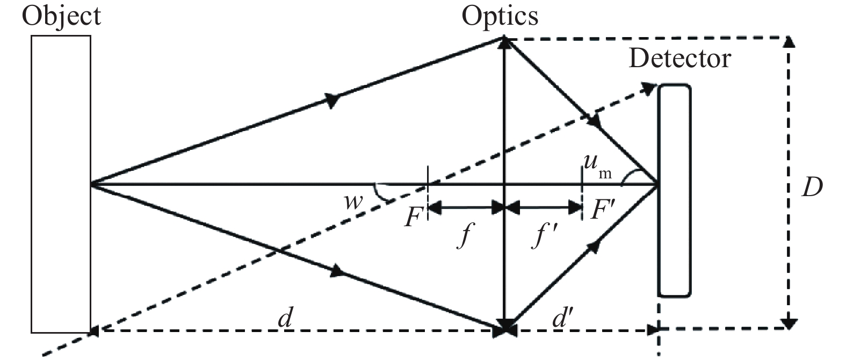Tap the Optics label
pyautogui.click(x=500, y=16)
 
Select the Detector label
pyautogui.click(x=679, y=58)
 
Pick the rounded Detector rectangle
pyautogui.click(x=674, y=191)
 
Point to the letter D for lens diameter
pyautogui.click(x=812, y=188)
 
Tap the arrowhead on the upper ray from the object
pyautogui.click(x=333, y=99)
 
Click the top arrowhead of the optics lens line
pyautogui.click(x=504, y=43)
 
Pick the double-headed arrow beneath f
pyautogui.click(x=466, y=206)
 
